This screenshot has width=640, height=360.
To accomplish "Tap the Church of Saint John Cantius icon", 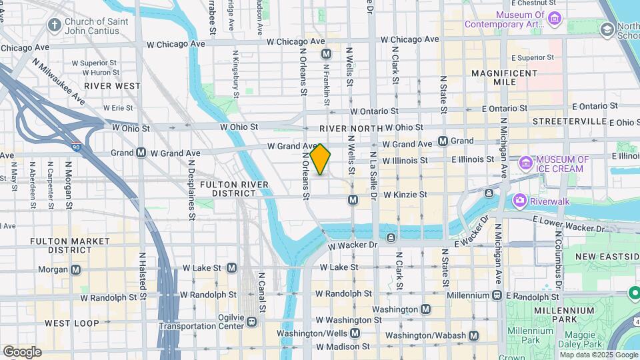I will click(55, 25).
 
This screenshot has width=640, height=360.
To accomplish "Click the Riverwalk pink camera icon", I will click(519, 200).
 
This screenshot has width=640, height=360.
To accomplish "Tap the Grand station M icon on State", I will click(443, 141).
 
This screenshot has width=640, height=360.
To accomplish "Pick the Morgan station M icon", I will click(75, 269).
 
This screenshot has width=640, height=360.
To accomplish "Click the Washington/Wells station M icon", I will click(355, 333).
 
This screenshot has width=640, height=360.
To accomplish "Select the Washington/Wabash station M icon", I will click(473, 335).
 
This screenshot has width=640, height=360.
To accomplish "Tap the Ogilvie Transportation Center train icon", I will click(252, 321).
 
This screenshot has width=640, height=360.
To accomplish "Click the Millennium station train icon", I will click(497, 295).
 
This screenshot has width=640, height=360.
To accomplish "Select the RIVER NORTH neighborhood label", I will click(351, 128).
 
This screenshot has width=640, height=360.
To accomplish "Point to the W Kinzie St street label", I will click(405, 195).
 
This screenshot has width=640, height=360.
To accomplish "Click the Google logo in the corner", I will click(22, 351).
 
